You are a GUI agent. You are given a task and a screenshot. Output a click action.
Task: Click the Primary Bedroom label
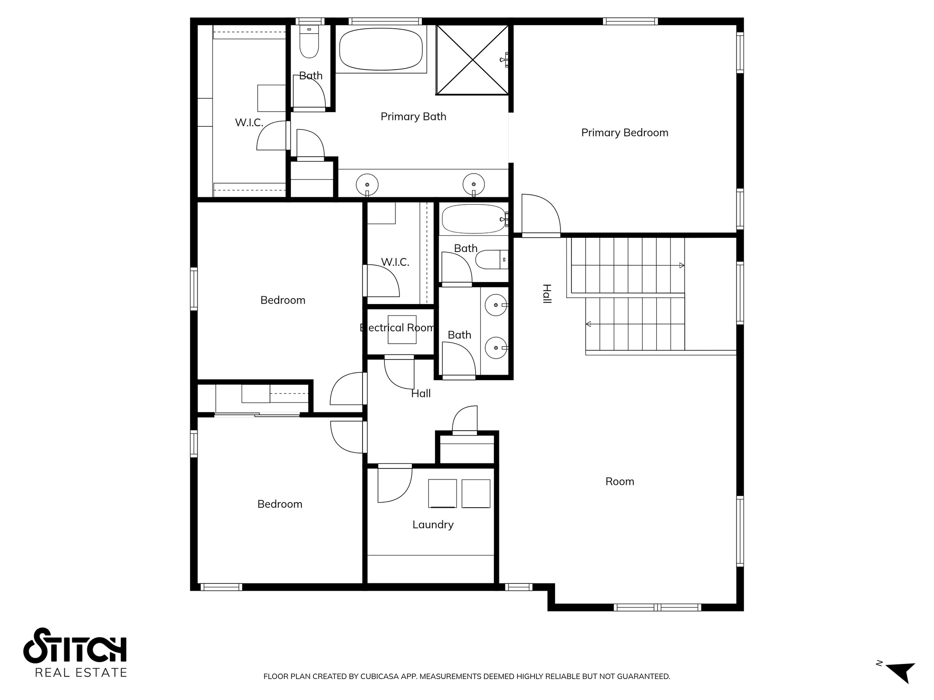pos(624,133)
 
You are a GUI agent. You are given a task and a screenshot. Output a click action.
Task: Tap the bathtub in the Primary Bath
pos(380,49)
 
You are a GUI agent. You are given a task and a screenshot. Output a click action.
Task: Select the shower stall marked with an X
pos(472,60)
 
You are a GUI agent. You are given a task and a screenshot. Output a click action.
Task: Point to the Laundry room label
pos(433,525)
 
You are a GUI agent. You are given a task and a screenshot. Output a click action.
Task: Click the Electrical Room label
pos(398,328)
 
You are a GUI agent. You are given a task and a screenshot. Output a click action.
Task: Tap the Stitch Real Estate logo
pos(75,652)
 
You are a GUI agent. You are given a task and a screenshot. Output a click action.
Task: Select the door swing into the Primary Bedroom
pos(541,214)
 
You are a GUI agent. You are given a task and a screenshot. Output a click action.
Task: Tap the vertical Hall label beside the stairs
pos(547,293)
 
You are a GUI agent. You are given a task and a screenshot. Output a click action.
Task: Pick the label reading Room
pos(619,482)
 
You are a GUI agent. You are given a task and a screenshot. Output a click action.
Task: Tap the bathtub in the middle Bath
pos(473,219)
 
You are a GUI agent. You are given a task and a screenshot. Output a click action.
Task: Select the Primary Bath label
pos(413,117)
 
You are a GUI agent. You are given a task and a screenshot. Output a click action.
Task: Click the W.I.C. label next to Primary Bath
pos(249,123)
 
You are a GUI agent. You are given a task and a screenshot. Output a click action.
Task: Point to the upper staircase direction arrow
pos(681,265)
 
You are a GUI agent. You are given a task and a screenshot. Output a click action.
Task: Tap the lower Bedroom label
pos(280,504)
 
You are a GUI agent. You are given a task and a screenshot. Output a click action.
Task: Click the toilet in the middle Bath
pos(490,260)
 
